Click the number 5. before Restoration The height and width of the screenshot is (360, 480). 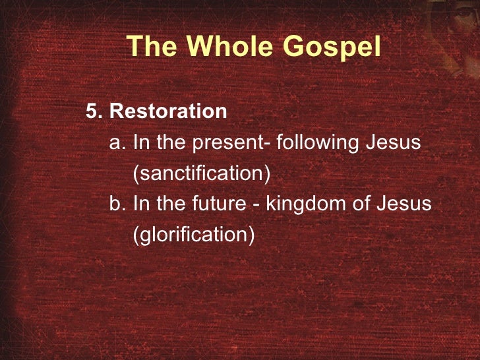[x=95, y=111]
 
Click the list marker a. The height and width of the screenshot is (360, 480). [x=118, y=142]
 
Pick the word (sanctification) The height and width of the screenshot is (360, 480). [x=202, y=173]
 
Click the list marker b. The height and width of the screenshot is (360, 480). [x=118, y=204]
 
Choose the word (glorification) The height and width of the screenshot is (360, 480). [x=194, y=235]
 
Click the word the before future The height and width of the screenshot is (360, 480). [x=173, y=204]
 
